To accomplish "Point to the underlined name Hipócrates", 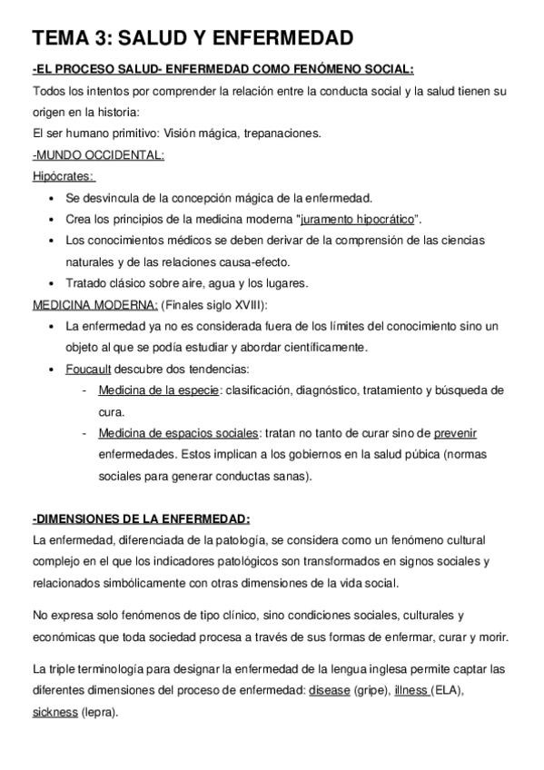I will pos(64,176).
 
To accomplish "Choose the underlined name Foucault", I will pos(89,369).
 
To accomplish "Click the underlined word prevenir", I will pos(455,432).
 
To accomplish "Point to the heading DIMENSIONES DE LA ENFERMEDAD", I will pos(140,518).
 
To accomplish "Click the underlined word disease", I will pos(329,690).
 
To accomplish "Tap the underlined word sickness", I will pos(54,712).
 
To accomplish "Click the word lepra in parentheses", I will pos(98,712).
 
